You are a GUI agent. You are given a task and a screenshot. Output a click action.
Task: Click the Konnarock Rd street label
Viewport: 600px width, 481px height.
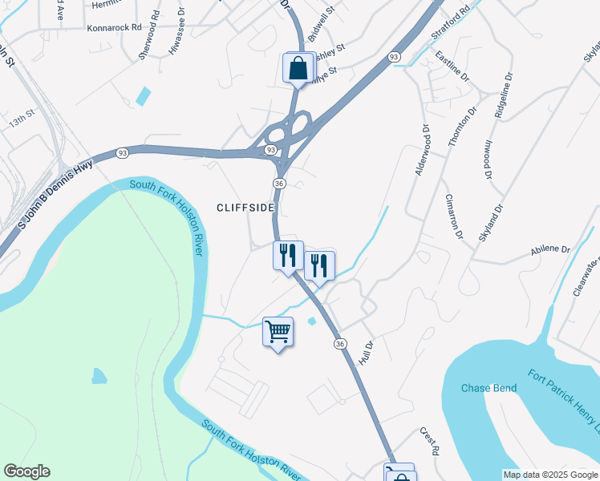tap(115, 26)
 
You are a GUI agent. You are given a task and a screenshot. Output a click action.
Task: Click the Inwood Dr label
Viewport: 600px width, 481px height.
tap(487, 160)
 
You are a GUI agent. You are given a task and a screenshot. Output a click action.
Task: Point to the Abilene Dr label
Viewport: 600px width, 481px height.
tap(549, 250)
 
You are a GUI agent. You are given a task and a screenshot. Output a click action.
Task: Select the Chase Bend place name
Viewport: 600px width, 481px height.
tap(487, 389)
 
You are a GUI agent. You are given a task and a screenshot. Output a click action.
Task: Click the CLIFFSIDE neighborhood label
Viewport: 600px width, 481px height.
tap(245, 208)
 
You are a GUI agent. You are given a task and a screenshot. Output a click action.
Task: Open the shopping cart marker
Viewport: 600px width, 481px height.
tap(278, 330)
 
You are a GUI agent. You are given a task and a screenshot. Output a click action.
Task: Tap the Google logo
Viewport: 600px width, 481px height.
tap(26, 471)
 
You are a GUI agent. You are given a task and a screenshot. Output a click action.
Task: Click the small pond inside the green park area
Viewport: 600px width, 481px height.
tap(99, 375)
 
